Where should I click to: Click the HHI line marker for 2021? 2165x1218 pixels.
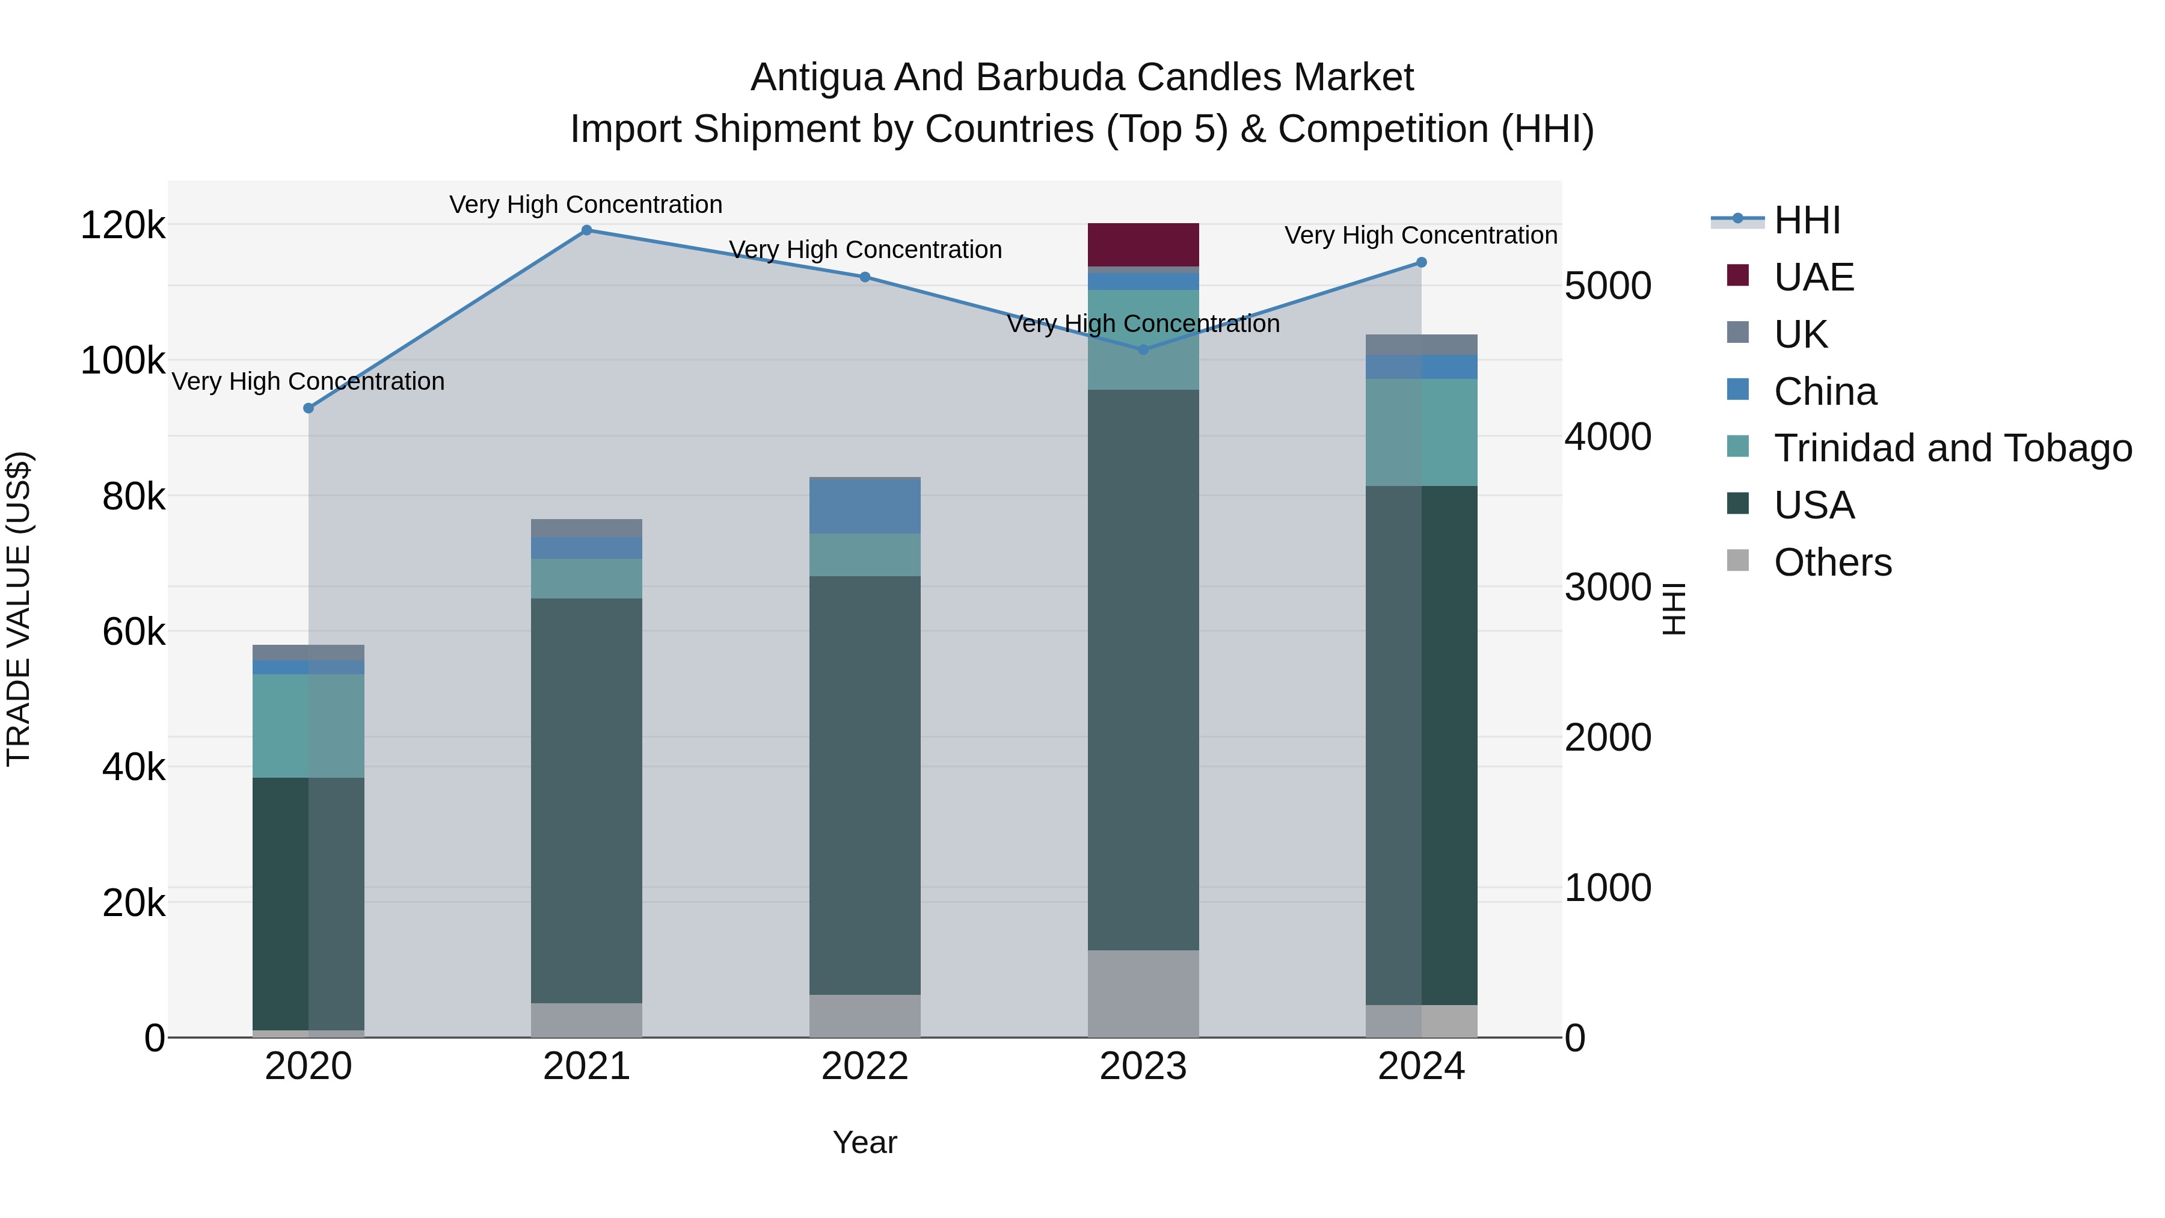point(586,230)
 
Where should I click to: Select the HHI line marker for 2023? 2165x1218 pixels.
point(1143,349)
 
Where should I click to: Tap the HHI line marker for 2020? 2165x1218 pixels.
point(309,408)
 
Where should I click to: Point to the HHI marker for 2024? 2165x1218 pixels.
point(1421,262)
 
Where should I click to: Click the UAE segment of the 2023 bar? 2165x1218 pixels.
point(1143,245)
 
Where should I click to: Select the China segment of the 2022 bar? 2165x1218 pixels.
point(865,506)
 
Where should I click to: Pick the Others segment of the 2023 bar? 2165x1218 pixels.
point(1143,994)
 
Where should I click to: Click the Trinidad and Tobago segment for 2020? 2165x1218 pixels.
point(309,725)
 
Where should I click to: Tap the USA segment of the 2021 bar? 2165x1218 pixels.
point(586,800)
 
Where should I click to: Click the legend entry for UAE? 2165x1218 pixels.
point(1814,277)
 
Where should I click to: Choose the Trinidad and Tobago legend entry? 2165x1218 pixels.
point(1952,448)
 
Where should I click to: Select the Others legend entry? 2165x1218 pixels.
point(1832,562)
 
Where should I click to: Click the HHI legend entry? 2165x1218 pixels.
point(1807,220)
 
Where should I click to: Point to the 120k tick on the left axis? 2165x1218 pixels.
point(123,226)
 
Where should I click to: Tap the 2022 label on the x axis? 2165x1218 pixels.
point(865,1066)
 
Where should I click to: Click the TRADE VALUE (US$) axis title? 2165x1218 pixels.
point(19,609)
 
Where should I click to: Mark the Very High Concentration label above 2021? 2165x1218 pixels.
point(586,205)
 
